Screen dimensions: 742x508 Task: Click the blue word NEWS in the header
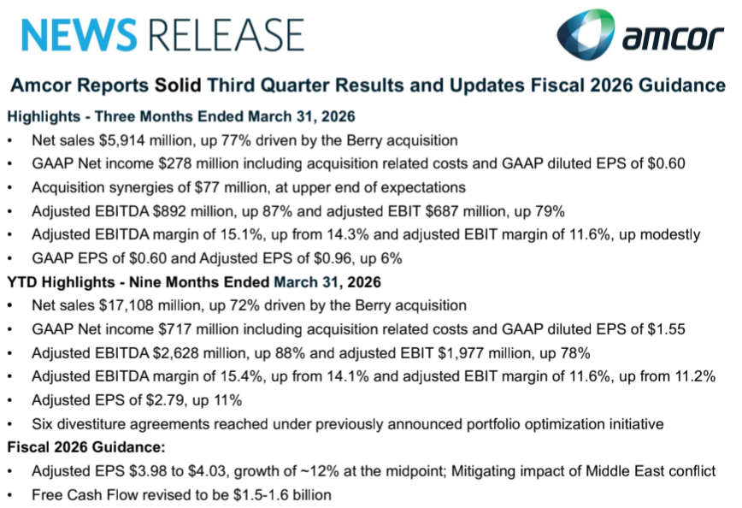(x=79, y=35)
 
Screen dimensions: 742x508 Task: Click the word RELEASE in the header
(x=227, y=35)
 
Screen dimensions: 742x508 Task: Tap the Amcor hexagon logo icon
(x=586, y=34)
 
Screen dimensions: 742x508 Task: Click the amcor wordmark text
(x=673, y=38)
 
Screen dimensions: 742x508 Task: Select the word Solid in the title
(x=178, y=86)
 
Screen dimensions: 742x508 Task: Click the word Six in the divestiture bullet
(x=42, y=424)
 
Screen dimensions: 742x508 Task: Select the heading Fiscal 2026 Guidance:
(x=86, y=447)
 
